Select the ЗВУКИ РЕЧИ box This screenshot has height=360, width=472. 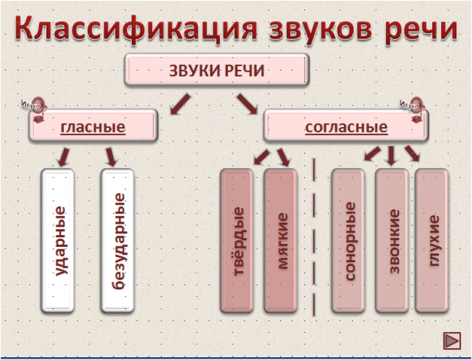(217, 70)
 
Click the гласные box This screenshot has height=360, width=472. (93, 127)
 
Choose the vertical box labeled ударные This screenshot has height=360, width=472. (62, 240)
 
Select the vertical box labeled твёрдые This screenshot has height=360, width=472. (237, 240)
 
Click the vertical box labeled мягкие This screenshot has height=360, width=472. (282, 240)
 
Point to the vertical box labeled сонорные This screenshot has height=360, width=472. (348, 240)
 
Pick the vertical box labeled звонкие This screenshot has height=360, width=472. (392, 240)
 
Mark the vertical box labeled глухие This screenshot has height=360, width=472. (432, 240)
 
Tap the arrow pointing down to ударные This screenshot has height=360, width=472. (63, 156)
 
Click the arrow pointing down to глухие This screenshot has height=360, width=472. (412, 155)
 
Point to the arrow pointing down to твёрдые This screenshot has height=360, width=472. (259, 156)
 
